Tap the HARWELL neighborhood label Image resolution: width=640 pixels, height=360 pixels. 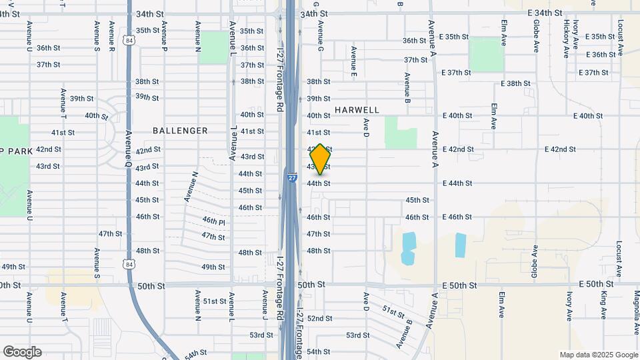click(357, 110)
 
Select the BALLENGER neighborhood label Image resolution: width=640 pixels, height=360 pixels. click(180, 131)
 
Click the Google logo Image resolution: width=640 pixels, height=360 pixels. click(22, 352)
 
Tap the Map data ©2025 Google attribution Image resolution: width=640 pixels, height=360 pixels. click(599, 355)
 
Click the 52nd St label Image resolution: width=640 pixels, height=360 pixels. click(319, 319)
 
